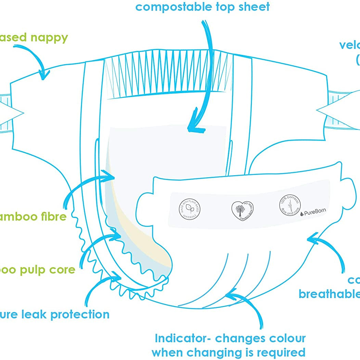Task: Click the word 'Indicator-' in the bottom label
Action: pos(183,338)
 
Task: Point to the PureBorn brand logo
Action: pos(313,212)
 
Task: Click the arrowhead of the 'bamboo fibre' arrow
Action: pos(110,176)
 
